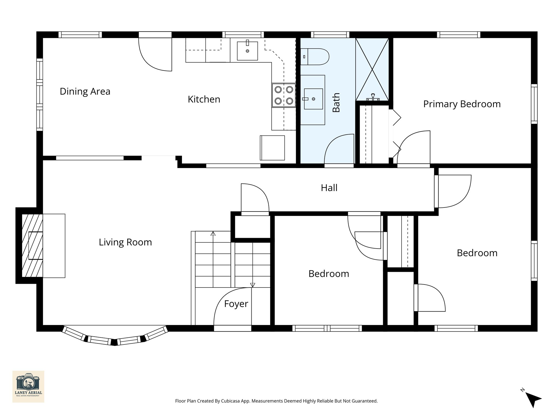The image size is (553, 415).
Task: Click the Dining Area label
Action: (x=85, y=91)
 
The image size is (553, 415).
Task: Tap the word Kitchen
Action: (x=204, y=99)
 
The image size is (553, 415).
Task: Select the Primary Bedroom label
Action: (x=462, y=104)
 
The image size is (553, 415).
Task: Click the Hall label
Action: (x=329, y=188)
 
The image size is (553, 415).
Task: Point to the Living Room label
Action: (x=125, y=242)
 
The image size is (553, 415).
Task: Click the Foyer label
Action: (x=236, y=304)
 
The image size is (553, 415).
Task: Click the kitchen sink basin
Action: (x=247, y=51)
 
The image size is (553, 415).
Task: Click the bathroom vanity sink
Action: (x=313, y=99)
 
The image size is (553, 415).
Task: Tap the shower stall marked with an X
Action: (x=372, y=69)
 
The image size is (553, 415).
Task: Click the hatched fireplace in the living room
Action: (x=32, y=246)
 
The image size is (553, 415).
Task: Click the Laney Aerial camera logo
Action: (x=28, y=386)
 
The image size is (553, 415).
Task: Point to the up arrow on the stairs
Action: (x=213, y=233)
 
